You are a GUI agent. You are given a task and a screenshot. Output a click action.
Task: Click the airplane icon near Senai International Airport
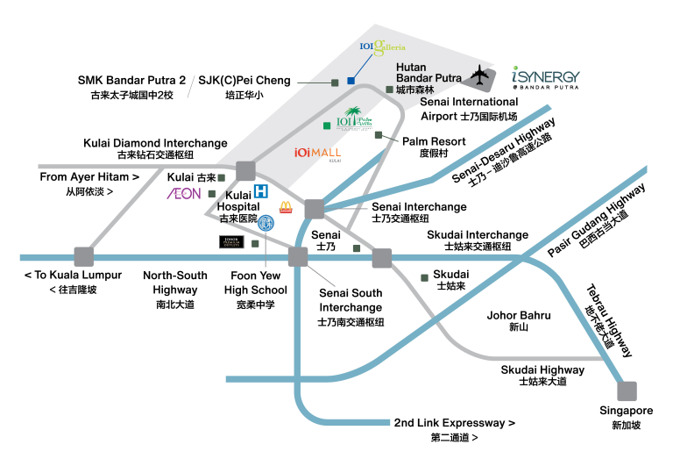coord(480,76)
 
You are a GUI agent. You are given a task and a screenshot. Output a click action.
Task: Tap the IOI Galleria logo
coord(383,47)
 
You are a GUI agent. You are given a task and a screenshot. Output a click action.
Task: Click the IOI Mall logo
coord(317,153)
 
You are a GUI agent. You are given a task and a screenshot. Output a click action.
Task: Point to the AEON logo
coord(184,193)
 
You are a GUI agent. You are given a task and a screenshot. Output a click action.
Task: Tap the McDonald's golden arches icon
coord(286,208)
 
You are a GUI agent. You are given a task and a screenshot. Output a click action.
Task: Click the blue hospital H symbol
coord(260,192)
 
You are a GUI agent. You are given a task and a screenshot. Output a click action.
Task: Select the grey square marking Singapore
coord(627,391)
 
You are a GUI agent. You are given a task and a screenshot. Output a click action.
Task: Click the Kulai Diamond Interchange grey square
coord(244,171)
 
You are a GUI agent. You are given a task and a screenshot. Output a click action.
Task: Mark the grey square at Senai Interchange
coord(314,209)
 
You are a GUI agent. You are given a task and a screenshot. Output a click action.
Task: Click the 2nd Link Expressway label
coord(454,423)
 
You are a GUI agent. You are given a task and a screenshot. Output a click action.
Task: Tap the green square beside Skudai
coord(424,278)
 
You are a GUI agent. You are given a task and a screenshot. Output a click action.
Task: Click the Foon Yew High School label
coord(255,283)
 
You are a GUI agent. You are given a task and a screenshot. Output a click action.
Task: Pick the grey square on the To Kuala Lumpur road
coord(84,256)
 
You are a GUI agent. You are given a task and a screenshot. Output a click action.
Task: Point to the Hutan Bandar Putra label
coord(429,71)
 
